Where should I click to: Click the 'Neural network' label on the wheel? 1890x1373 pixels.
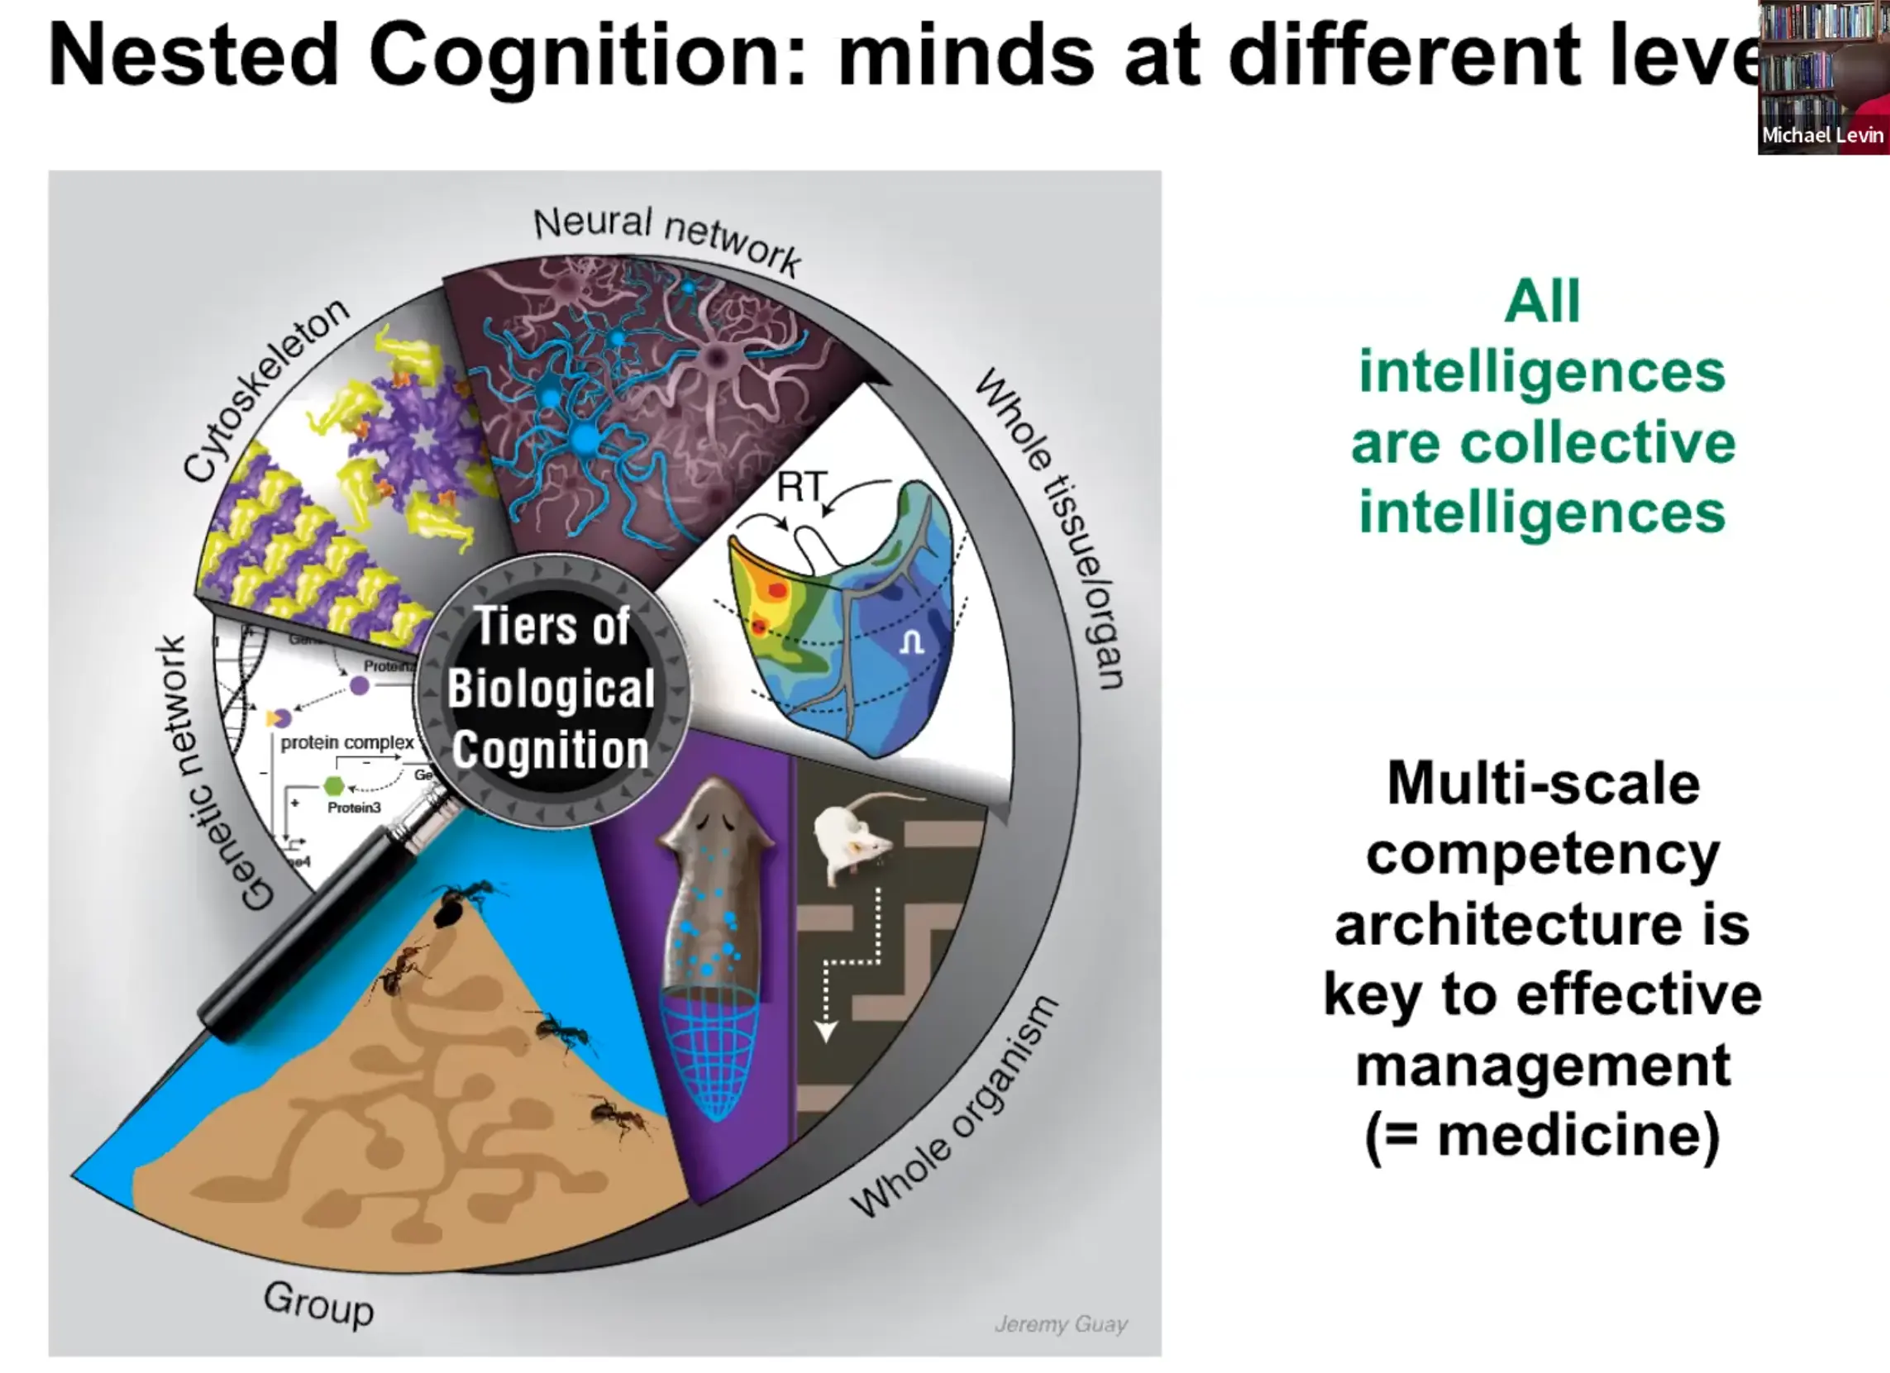pos(666,238)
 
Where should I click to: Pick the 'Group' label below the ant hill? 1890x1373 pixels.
pos(318,1304)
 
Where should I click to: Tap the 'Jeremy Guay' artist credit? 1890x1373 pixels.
pos(1061,1324)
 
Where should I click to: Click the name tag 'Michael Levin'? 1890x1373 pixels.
pos(1822,136)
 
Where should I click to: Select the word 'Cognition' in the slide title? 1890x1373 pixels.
pos(588,57)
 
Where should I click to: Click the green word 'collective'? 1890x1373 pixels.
pos(1543,442)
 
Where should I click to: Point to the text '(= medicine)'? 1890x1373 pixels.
pos(1543,1135)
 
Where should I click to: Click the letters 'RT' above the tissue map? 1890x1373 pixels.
pos(802,487)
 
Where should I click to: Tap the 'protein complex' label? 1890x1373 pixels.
pos(346,741)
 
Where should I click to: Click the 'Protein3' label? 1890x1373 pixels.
pos(354,808)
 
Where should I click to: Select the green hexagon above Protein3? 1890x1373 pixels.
pos(333,785)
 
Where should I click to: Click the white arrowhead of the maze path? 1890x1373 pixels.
pos(825,1033)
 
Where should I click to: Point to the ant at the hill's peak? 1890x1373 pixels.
pos(456,904)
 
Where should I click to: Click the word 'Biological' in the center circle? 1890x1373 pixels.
pos(551,689)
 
